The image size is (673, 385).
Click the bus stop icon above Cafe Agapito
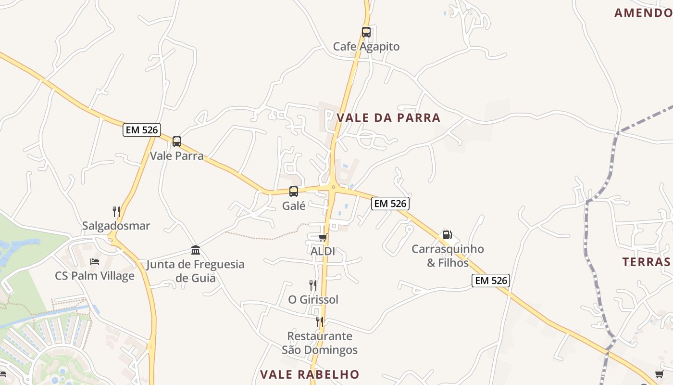[366, 32]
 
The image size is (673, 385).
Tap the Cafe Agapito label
[366, 47]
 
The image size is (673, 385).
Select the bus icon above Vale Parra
[177, 141]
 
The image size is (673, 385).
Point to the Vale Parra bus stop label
[177, 156]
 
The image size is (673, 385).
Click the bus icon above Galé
[294, 192]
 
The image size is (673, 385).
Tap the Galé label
[294, 206]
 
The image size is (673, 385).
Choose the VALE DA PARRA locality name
[388, 118]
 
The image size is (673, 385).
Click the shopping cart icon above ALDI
[323, 237]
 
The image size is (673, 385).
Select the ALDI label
[323, 251]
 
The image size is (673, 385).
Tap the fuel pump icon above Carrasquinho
[447, 235]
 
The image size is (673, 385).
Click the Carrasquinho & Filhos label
[448, 256]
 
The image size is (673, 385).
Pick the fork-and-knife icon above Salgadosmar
[116, 211]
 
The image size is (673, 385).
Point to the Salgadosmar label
[116, 226]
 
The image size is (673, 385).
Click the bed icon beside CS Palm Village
[95, 262]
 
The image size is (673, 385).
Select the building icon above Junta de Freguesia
[196, 250]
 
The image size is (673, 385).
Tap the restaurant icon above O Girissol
[313, 285]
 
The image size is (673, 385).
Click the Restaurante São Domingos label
[320, 343]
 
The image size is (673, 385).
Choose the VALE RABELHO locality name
[310, 374]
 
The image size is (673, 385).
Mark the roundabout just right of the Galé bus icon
[333, 187]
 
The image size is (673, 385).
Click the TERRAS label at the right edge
[647, 262]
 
